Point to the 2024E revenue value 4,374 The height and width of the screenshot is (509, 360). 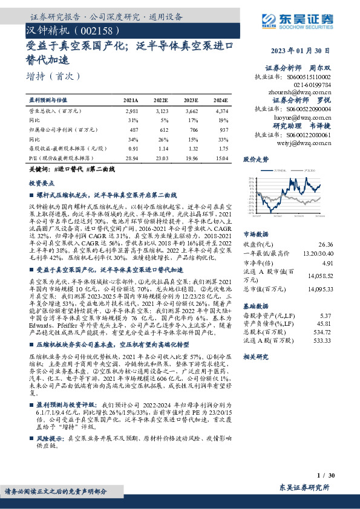pyautogui.click(x=222, y=112)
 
